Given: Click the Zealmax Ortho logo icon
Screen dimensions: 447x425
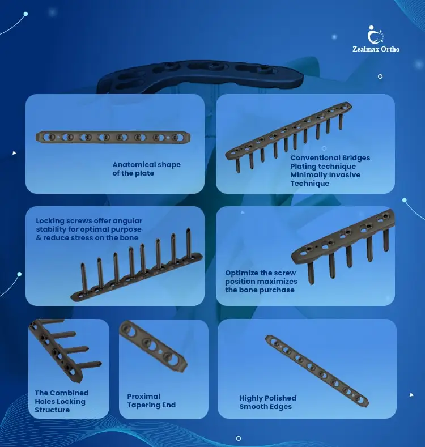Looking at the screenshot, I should pos(375,35).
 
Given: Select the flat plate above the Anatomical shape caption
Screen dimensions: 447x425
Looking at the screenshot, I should pos(113,137).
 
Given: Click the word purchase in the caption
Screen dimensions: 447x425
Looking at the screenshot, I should pos(277,290).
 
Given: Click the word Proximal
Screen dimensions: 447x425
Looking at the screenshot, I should pos(143,397).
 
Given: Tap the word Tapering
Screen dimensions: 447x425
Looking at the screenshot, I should pos(144,405).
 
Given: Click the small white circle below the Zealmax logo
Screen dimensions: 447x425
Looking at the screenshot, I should pos(380,76).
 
